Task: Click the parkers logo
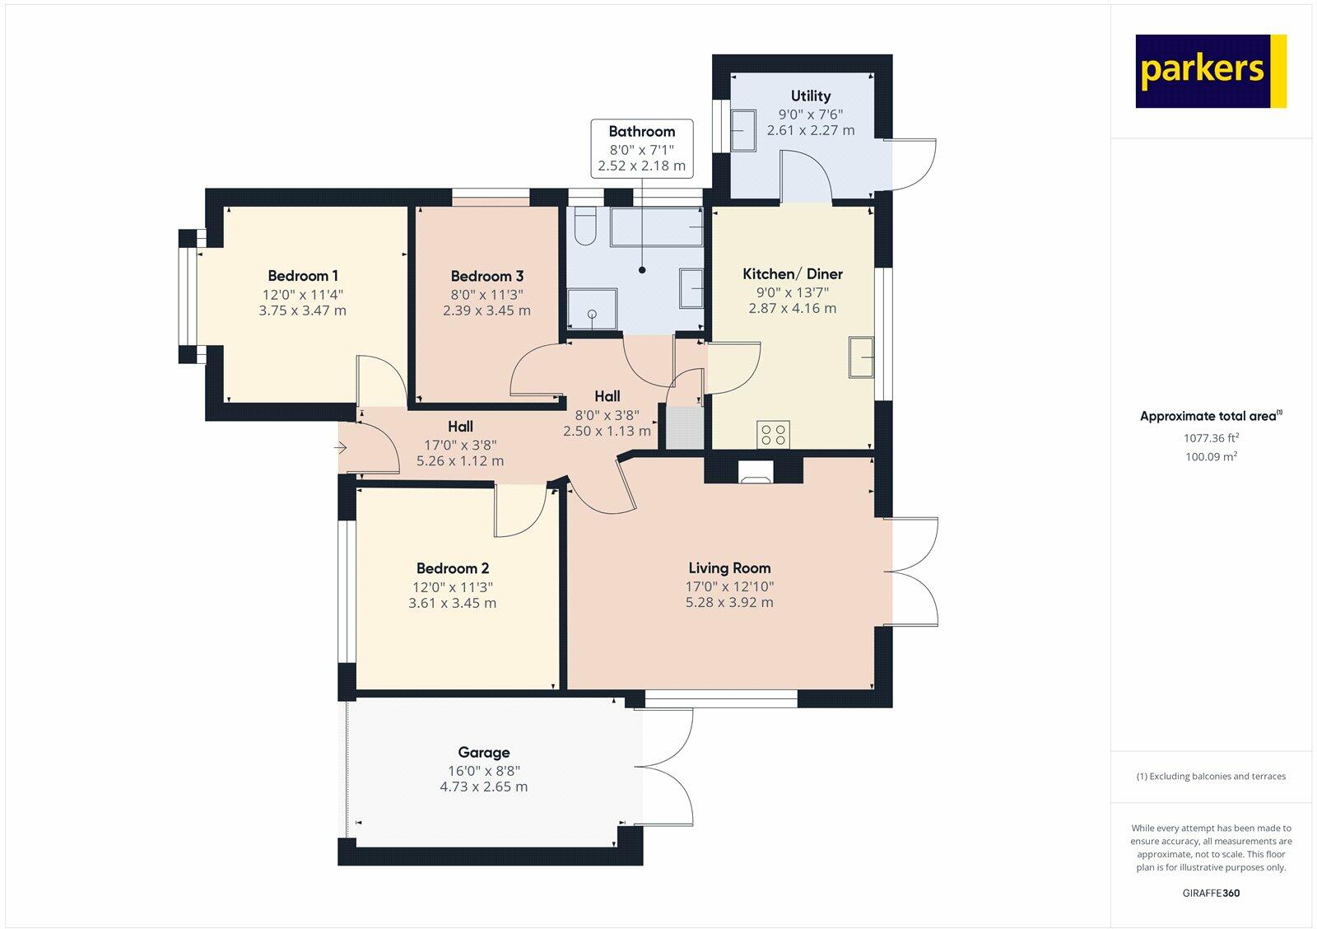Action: point(1211,71)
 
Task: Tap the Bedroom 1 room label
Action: point(303,275)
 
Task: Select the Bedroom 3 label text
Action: point(486,276)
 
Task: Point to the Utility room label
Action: point(810,96)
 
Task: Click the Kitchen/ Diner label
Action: point(793,273)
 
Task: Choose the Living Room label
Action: point(729,567)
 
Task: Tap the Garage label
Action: point(484,753)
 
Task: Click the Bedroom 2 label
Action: point(452,568)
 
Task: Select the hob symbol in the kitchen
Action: point(773,435)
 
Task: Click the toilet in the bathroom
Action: point(585,226)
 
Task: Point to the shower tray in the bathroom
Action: point(592,309)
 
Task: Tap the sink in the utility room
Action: point(743,131)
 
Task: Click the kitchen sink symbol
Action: point(861,357)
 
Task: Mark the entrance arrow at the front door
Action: point(341,448)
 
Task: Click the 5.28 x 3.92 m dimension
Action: point(729,603)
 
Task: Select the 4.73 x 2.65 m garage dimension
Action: point(484,787)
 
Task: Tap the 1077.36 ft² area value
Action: point(1211,437)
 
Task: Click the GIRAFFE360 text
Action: point(1211,893)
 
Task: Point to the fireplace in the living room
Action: point(756,471)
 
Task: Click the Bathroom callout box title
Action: point(641,131)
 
